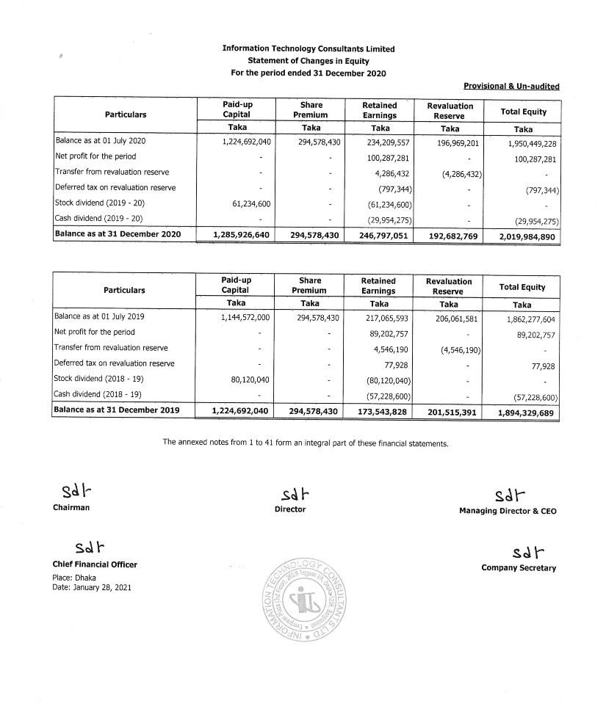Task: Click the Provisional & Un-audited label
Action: [x=511, y=87]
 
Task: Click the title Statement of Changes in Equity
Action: [x=308, y=61]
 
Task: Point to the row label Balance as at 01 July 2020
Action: [x=101, y=141]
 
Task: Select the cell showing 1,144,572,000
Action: [x=245, y=318]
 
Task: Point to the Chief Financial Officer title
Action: [x=95, y=564]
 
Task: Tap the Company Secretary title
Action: [x=519, y=567]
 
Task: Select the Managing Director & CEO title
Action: [x=508, y=511]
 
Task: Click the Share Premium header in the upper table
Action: [x=309, y=110]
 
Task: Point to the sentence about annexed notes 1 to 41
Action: [x=305, y=443]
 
